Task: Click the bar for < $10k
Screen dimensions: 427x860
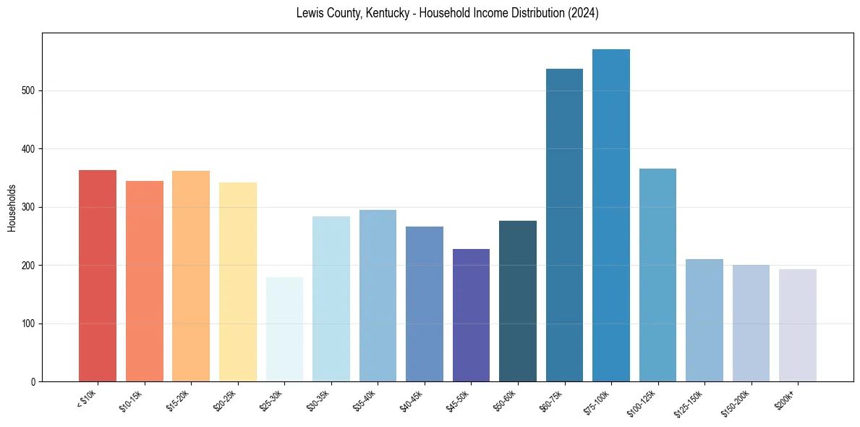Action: (98, 276)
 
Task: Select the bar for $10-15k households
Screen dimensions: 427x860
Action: (145, 282)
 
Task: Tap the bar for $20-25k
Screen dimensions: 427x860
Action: (238, 282)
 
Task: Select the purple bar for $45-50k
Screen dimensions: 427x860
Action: (471, 315)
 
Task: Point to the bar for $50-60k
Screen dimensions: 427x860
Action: (518, 301)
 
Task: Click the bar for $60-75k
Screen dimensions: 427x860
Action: (564, 225)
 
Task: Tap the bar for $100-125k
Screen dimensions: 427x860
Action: (657, 275)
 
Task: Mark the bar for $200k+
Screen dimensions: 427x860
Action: (798, 326)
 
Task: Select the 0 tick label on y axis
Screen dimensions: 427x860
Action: (33, 382)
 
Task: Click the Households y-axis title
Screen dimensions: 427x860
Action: (12, 208)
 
